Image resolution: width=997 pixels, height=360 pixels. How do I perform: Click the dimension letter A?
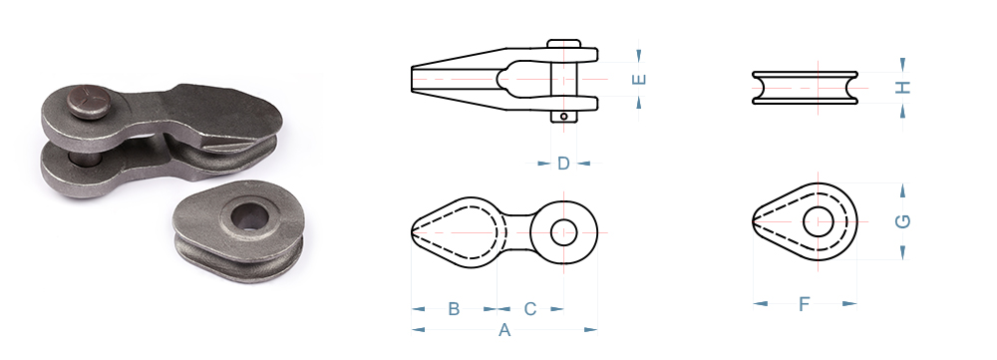point(504,330)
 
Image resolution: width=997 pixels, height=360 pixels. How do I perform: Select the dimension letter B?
point(454,309)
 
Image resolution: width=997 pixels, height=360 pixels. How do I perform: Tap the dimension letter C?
point(529,309)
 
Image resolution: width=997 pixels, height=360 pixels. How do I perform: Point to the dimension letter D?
point(563,164)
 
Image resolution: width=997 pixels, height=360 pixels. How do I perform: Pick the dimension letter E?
point(640,80)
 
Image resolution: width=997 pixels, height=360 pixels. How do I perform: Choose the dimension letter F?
point(804,305)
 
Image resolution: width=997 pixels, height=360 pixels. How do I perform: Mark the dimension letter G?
point(902,220)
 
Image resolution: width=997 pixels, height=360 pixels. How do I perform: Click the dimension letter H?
point(903,88)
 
